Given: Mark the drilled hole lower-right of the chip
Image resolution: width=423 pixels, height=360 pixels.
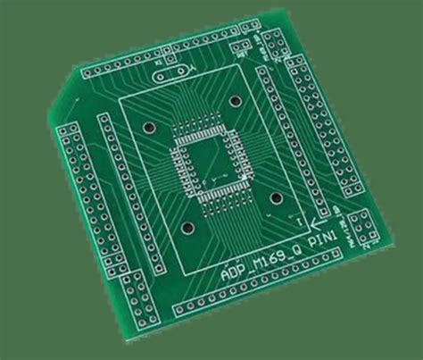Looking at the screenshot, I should click(276, 198).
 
